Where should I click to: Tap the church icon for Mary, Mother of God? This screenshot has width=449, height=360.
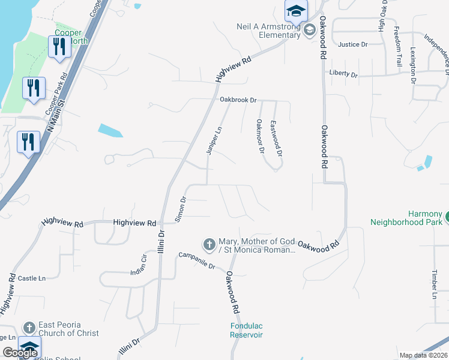(209, 244)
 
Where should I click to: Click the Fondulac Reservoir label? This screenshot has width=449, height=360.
(247, 331)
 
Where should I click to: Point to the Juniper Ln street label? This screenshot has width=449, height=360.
(211, 142)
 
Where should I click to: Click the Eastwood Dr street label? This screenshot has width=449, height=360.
(276, 137)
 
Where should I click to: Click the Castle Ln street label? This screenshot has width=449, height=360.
(32, 278)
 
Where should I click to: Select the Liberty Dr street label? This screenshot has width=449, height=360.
(343, 75)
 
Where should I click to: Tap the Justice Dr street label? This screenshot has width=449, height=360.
(352, 44)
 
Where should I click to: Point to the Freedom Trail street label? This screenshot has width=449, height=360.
(397, 46)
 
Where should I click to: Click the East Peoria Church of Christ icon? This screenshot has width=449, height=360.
(29, 328)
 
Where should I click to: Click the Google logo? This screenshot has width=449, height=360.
(20, 353)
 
